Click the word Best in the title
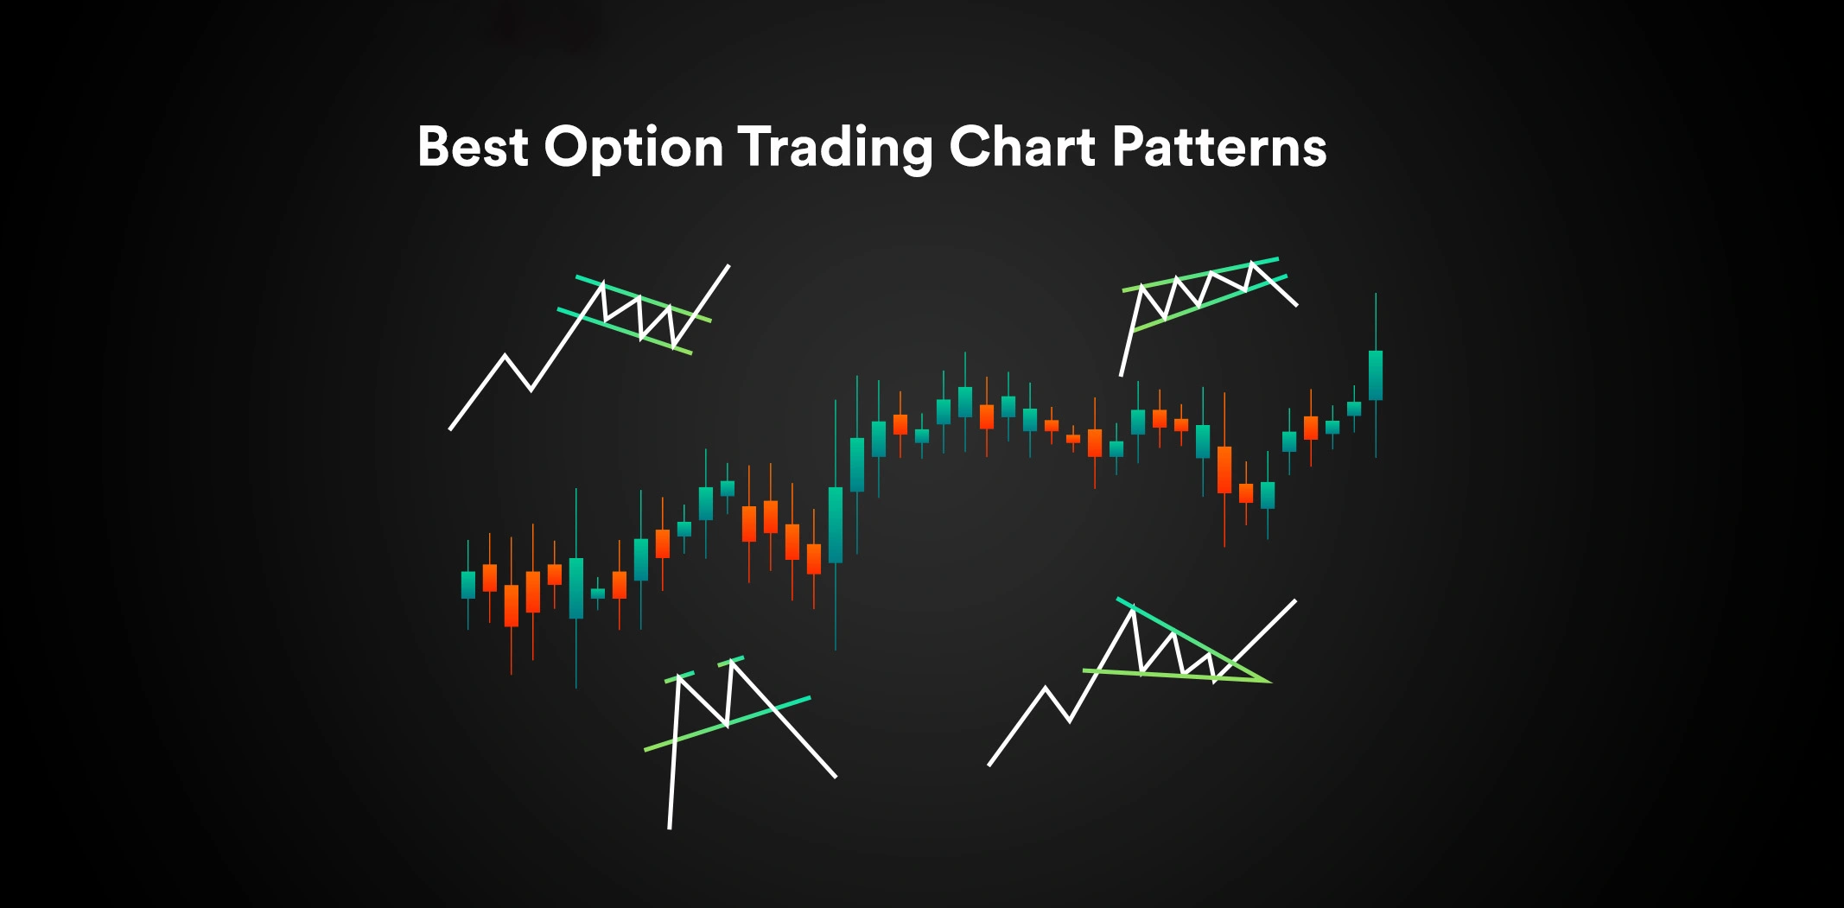coord(472,147)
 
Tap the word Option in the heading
coord(633,149)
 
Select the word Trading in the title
coord(835,149)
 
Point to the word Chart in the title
coord(1022,147)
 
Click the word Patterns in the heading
coord(1219,147)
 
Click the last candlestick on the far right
coord(1376,375)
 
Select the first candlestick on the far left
coord(468,584)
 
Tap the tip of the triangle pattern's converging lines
coord(1268,681)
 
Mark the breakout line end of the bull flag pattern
coord(728,266)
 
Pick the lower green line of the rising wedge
coord(1210,303)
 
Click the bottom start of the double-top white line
coord(670,827)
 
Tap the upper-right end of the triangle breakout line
coord(1294,600)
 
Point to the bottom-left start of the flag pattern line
coord(450,429)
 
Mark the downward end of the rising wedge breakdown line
coord(1296,305)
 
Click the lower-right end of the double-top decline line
coord(835,776)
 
